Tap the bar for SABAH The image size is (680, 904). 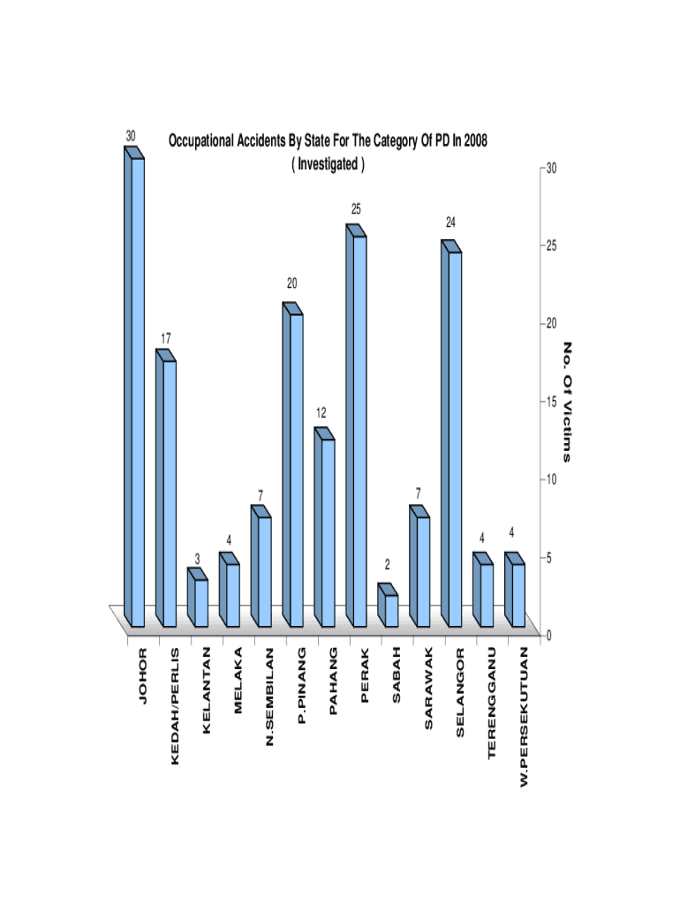[x=389, y=608]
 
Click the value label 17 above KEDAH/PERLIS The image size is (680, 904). [x=166, y=338]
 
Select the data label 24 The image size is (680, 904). [x=450, y=222]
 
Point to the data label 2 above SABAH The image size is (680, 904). [x=387, y=564]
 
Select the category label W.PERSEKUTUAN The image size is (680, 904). [x=524, y=717]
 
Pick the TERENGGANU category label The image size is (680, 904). [x=492, y=703]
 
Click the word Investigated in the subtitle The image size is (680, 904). [x=328, y=164]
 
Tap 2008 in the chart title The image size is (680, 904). [x=472, y=140]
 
